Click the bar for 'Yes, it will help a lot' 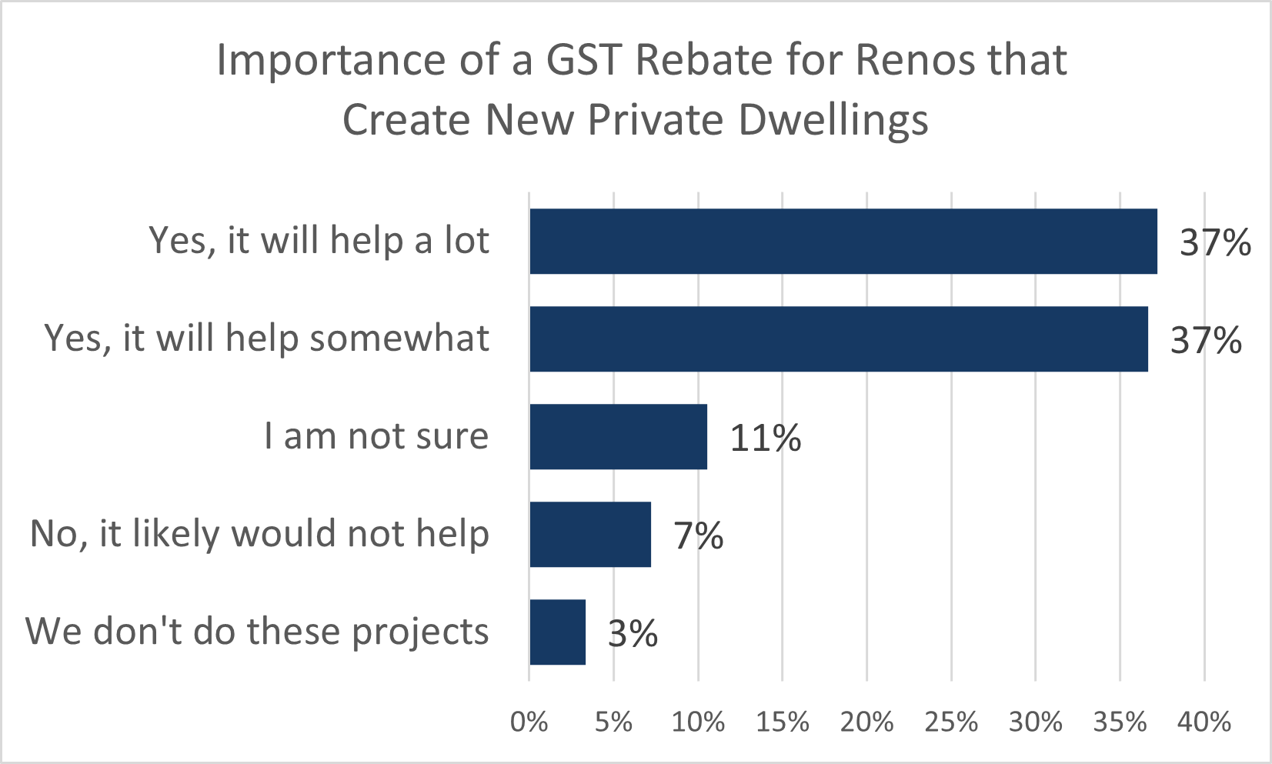(x=843, y=241)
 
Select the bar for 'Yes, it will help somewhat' (x=838, y=339)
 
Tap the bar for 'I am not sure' (x=618, y=436)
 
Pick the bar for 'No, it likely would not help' (x=590, y=534)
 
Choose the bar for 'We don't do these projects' (x=557, y=632)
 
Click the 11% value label (x=765, y=438)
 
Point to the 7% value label (x=699, y=535)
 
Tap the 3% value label (x=633, y=633)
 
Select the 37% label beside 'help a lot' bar (x=1215, y=242)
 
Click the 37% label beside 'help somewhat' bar (x=1206, y=340)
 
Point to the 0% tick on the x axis (x=529, y=722)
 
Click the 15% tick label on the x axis (x=782, y=722)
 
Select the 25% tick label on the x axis (x=951, y=722)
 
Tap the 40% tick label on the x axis (x=1204, y=722)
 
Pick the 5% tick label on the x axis (x=613, y=722)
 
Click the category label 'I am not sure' (x=376, y=436)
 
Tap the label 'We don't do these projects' (x=257, y=632)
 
